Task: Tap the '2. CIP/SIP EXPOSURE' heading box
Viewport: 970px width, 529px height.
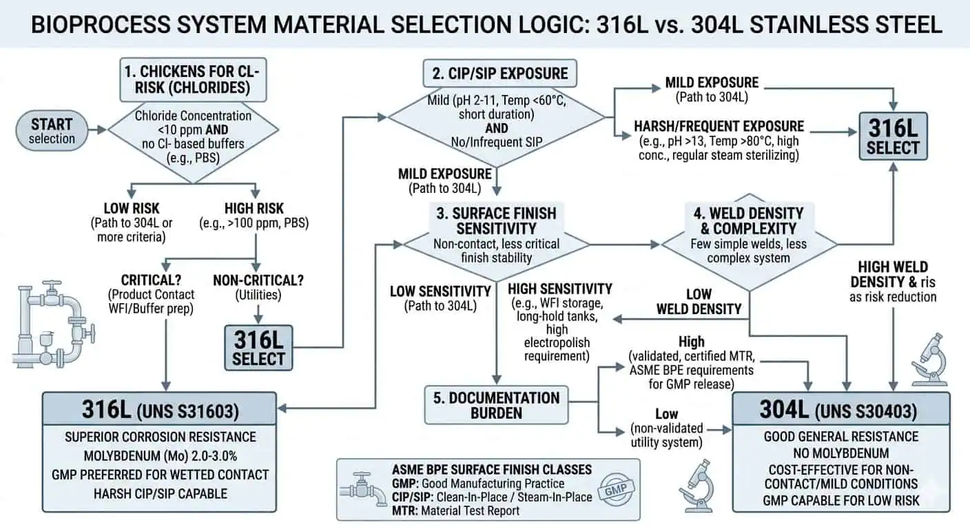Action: (499, 74)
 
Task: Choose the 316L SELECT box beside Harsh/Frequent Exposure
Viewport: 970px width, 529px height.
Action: (893, 138)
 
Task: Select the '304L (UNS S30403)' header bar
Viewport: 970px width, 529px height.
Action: (840, 411)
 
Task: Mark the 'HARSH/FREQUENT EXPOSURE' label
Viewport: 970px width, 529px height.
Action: (719, 126)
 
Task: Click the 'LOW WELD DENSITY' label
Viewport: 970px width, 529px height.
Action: (699, 301)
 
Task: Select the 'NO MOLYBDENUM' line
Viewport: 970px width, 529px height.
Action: (840, 453)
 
